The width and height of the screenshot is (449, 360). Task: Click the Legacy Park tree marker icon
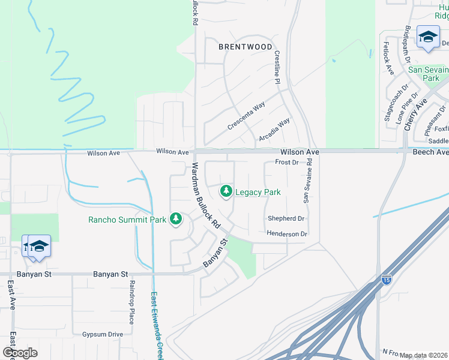coord(226,192)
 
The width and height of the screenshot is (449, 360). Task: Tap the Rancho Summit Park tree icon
coord(176,219)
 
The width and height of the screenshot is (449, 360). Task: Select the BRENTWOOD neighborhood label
coord(245,47)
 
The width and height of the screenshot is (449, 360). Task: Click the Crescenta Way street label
coord(246,116)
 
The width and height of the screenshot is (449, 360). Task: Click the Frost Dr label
coord(286,163)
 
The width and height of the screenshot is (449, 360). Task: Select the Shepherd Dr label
coord(286,219)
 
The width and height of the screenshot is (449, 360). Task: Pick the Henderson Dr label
coord(287,234)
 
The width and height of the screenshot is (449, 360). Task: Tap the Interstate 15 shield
coord(387,280)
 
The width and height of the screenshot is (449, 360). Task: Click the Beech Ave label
coord(430,152)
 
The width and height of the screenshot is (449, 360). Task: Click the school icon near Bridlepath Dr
coord(428,38)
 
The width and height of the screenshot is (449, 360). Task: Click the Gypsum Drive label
coord(103,334)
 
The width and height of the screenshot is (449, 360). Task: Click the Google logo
coord(20,353)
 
